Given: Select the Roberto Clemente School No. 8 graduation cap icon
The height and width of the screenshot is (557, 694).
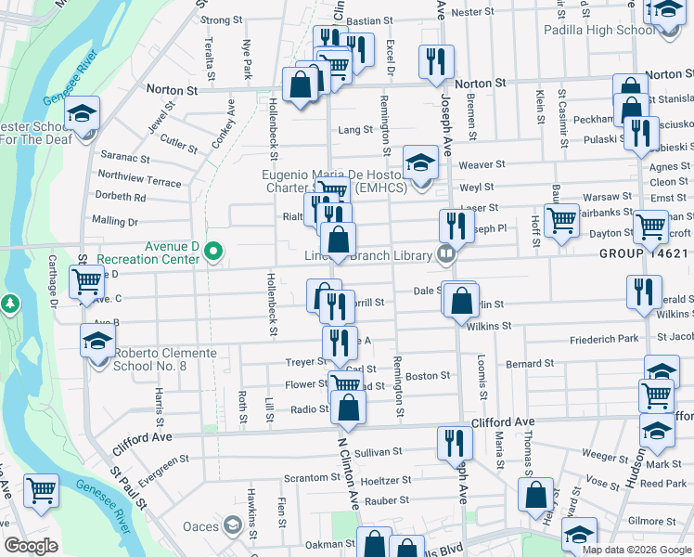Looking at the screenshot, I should tap(97, 341).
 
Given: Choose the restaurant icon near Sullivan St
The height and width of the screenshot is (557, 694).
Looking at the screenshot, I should tap(455, 442).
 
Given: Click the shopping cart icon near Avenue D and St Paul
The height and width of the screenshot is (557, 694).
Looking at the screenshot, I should tap(87, 278).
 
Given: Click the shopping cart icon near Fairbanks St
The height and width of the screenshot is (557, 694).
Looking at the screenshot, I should tap(561, 221).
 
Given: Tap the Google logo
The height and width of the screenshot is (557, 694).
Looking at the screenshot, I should tap(31, 546).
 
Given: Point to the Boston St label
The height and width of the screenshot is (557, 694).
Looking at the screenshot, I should tap(428, 376).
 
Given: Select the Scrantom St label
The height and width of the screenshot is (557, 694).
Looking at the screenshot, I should tap(306, 477).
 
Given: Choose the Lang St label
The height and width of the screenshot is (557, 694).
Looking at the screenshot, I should tap(354, 131).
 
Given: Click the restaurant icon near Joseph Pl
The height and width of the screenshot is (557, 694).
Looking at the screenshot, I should tap(455, 225).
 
